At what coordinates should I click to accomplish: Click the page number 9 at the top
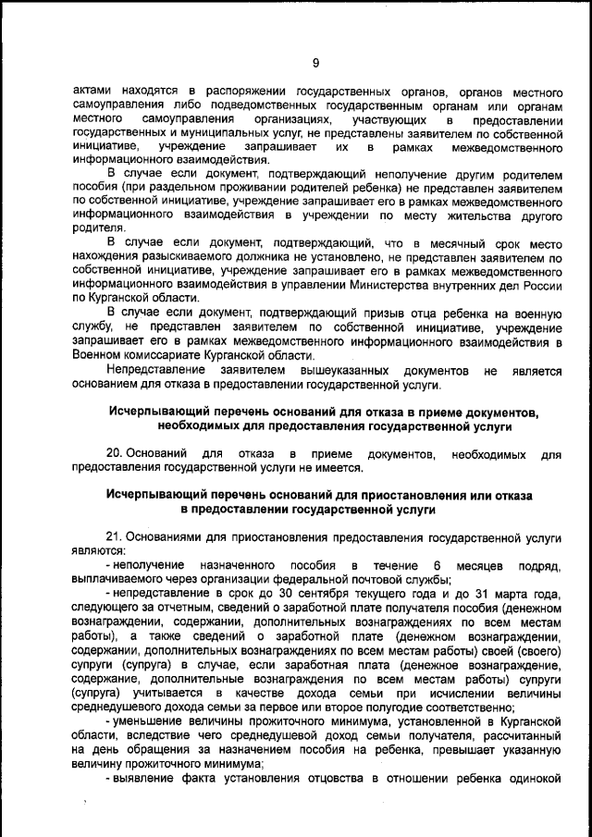tap(315, 63)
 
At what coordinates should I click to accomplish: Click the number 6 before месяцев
tap(436, 564)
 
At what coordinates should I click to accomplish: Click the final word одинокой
tap(535, 776)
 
